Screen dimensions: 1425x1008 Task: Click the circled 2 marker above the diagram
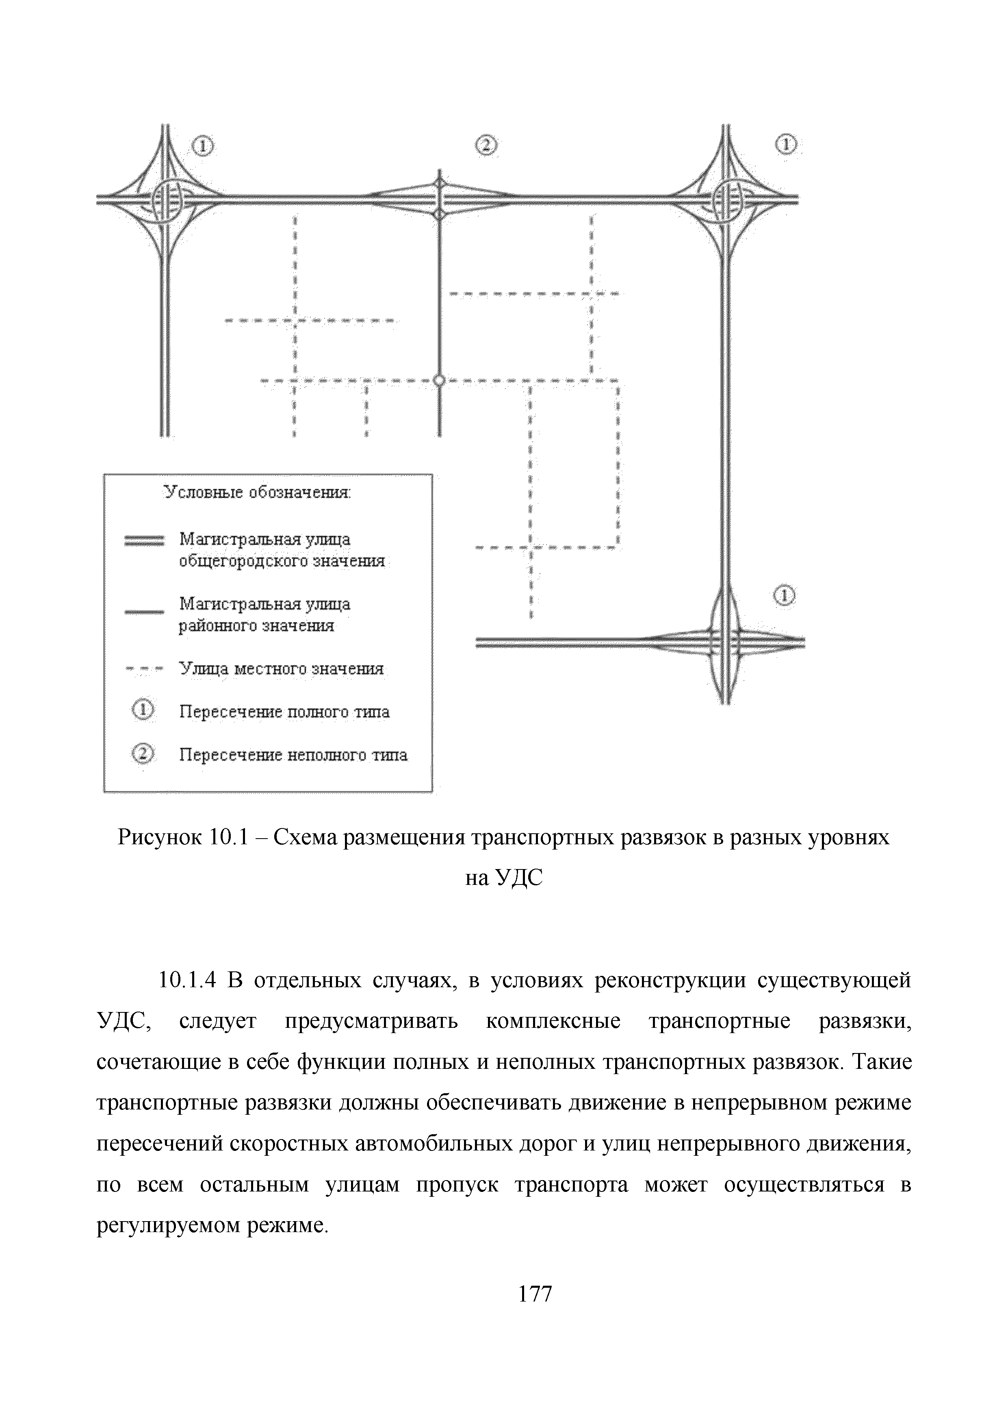(486, 145)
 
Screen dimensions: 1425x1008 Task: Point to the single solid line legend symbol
(143, 612)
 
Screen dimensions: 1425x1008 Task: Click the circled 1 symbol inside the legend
(143, 711)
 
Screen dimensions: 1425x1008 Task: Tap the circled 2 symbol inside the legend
(143, 754)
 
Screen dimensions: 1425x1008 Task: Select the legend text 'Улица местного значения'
(281, 669)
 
